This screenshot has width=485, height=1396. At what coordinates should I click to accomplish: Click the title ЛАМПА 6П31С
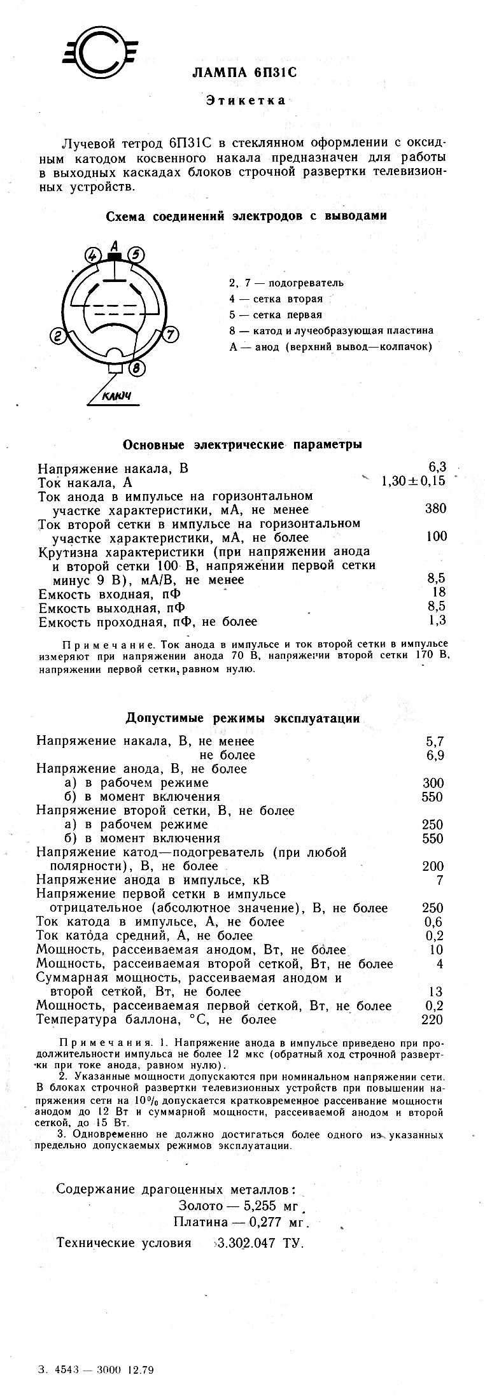[x=244, y=73]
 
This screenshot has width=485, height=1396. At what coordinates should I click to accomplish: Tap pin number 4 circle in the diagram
[x=94, y=256]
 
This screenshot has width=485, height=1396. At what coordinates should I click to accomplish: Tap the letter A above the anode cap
[x=115, y=244]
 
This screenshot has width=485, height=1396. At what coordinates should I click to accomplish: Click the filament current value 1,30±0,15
[x=413, y=481]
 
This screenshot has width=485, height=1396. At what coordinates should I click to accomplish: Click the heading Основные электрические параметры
[x=243, y=444]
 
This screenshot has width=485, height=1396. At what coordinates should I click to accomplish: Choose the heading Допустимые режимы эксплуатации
[x=243, y=718]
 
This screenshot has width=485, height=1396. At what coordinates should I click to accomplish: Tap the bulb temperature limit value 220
[x=433, y=1020]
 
